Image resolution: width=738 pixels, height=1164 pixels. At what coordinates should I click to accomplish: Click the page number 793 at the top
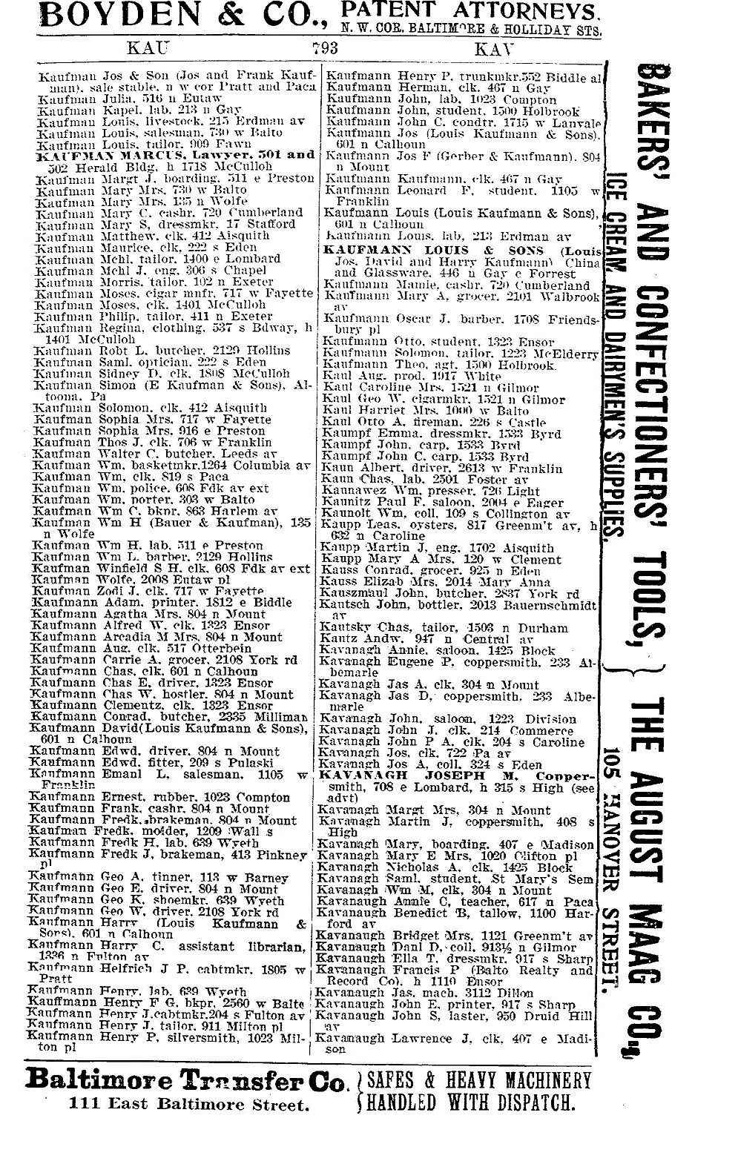tap(325, 49)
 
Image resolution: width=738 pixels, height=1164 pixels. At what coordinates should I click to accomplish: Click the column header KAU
tap(149, 49)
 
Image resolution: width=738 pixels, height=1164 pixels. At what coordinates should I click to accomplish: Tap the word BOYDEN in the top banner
tap(94, 16)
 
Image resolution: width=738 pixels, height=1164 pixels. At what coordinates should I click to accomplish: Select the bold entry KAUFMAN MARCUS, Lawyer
tap(175, 156)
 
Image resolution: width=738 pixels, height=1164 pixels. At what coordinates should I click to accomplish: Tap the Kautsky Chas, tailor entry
tap(443, 628)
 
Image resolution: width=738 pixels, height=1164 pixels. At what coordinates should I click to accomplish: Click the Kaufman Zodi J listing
tap(147, 591)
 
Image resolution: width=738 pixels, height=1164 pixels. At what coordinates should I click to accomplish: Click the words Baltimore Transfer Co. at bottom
tap(185, 1080)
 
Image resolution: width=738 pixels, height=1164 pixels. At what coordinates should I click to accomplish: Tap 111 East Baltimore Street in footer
tap(188, 1105)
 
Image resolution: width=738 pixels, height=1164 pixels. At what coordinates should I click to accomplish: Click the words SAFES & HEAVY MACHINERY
tap(479, 1079)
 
